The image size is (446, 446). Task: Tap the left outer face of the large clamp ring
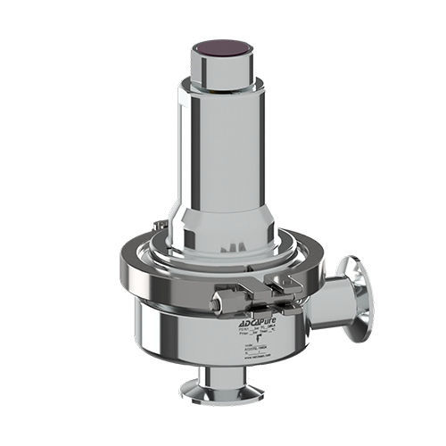(x=134, y=277)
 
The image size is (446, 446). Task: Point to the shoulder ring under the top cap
(x=223, y=87)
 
